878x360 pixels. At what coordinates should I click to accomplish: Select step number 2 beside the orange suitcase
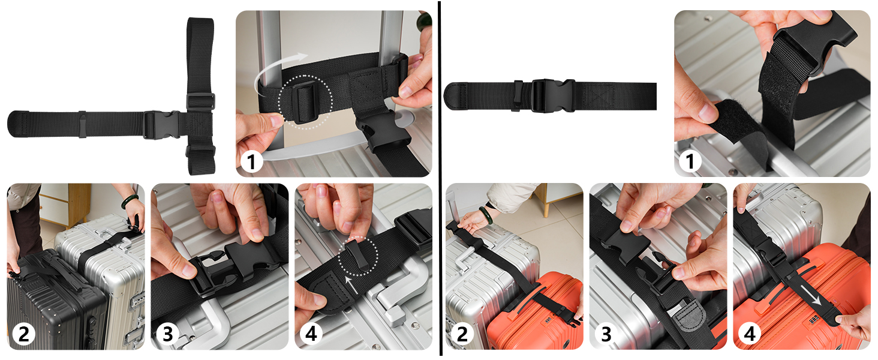click(462, 334)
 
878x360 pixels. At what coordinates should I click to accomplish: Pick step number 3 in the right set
click(606, 334)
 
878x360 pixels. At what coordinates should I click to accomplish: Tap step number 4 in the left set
click(311, 334)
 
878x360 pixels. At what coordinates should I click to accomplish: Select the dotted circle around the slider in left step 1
click(306, 101)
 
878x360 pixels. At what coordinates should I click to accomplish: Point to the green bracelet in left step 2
click(130, 201)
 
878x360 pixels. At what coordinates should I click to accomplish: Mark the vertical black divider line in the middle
click(441, 180)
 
